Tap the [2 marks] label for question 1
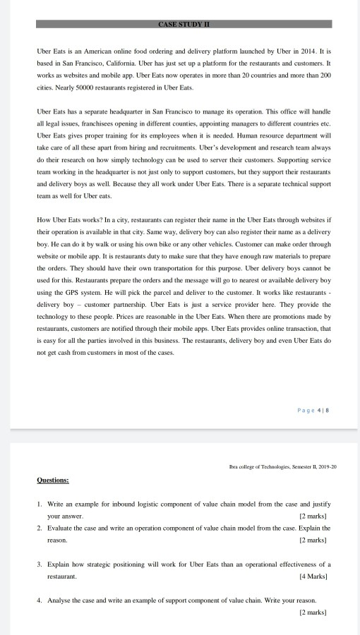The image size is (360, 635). coord(315,516)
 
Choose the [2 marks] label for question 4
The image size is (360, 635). coord(315,612)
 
